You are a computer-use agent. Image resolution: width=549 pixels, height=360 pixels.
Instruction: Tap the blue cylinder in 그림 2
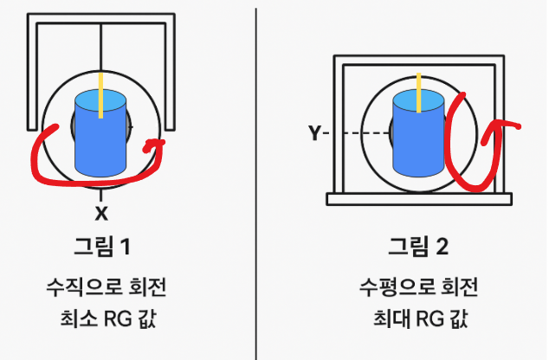click(x=419, y=138)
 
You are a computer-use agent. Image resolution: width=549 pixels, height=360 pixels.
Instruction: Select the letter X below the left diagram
click(x=101, y=212)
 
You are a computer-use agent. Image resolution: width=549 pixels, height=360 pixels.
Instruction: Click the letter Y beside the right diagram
click(x=314, y=133)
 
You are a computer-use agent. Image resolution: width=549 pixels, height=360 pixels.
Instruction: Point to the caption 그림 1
click(x=101, y=247)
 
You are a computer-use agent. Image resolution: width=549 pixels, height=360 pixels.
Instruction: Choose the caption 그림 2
click(x=419, y=247)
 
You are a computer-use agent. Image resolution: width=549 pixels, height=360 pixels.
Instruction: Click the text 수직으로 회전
click(x=101, y=286)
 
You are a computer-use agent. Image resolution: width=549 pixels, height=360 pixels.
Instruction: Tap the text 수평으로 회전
click(x=419, y=286)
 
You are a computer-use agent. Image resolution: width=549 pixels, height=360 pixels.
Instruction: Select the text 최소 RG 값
click(x=101, y=320)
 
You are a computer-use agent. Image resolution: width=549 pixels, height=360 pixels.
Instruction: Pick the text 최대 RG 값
click(x=419, y=320)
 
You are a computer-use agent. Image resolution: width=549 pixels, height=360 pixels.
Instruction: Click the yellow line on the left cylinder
click(x=101, y=96)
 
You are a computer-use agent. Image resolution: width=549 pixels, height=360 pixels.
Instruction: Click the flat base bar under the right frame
click(x=419, y=199)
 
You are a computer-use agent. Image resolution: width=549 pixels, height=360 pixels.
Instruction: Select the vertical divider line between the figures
click(x=257, y=173)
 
